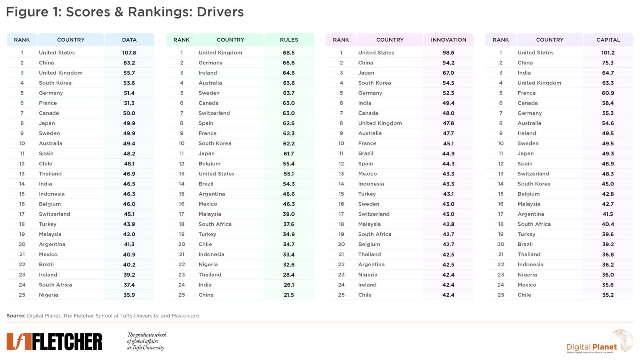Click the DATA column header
click(129, 40)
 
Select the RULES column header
click(289, 40)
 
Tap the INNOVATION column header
click(448, 40)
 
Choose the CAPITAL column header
click(608, 40)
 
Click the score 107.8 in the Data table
click(129, 53)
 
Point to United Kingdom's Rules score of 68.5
click(289, 53)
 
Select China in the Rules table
click(206, 295)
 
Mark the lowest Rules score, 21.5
click(289, 295)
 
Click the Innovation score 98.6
click(448, 53)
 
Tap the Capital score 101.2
click(608, 53)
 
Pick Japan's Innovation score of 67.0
click(448, 73)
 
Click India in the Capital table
click(524, 73)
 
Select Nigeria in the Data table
click(48, 295)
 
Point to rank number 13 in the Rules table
click(182, 174)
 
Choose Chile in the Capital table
click(524, 295)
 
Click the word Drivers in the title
click(220, 12)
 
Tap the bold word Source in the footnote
click(16, 316)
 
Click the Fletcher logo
click(54, 342)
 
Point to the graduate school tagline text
click(146, 341)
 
